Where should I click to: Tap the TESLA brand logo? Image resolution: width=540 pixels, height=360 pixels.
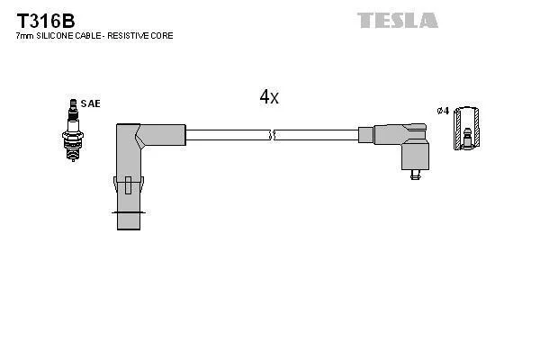coord(397,20)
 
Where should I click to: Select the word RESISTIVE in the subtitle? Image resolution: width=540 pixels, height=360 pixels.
coord(132,36)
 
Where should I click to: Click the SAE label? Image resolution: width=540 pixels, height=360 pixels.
coord(90,104)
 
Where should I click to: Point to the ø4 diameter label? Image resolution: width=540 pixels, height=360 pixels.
coord(442,111)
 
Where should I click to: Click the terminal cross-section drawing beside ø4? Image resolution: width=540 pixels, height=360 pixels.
coord(466,128)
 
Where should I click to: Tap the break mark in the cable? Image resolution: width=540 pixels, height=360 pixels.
coord(273,135)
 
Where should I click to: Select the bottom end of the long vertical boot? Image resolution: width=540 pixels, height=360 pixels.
coord(129,221)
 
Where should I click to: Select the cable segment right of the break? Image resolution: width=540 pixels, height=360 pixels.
coord(315,135)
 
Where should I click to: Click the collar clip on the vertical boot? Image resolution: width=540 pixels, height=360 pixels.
coord(129,185)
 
